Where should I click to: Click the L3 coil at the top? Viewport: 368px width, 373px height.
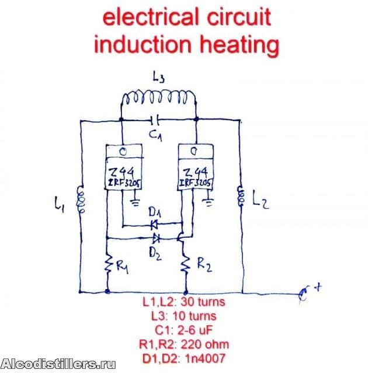point(158,100)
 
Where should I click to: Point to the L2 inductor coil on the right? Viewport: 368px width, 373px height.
point(239,196)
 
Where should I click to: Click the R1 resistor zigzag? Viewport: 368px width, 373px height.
point(108,266)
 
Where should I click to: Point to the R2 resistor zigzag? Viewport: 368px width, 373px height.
point(186,265)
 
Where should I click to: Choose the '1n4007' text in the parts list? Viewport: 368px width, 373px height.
point(205,356)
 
